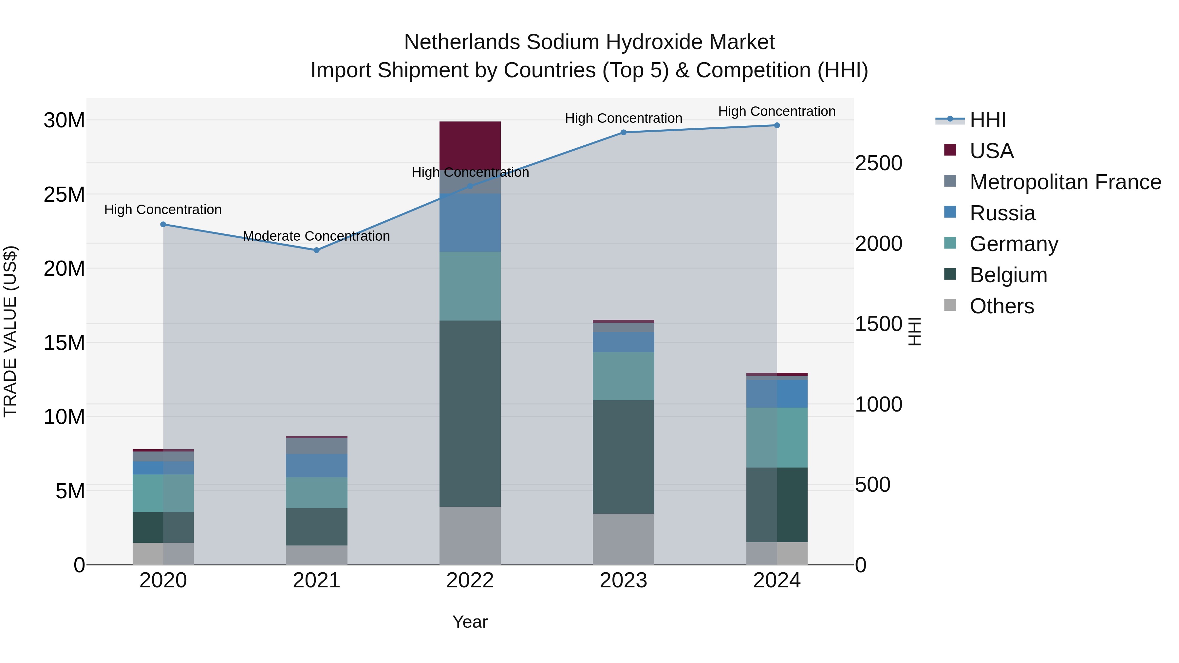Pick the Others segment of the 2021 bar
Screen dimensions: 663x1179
coord(316,555)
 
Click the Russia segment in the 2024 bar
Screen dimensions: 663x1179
coord(777,394)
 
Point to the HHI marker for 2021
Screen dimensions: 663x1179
coord(316,250)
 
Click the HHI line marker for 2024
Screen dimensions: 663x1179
coord(777,125)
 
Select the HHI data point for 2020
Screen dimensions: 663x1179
coord(163,224)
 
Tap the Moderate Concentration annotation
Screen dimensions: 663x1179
coord(316,236)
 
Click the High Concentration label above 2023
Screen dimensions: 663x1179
coord(623,119)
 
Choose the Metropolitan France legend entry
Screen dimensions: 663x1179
coord(1065,182)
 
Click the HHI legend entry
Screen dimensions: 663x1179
coord(988,120)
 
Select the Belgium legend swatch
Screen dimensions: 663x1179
coord(950,275)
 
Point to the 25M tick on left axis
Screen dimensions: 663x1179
coord(64,194)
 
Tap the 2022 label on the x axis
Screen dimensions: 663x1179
coord(470,580)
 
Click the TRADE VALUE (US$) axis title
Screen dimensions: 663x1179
coord(10,331)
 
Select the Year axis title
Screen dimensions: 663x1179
coord(470,622)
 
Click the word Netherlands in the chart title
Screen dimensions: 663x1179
coord(462,42)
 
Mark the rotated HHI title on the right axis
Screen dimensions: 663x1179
coord(914,331)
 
